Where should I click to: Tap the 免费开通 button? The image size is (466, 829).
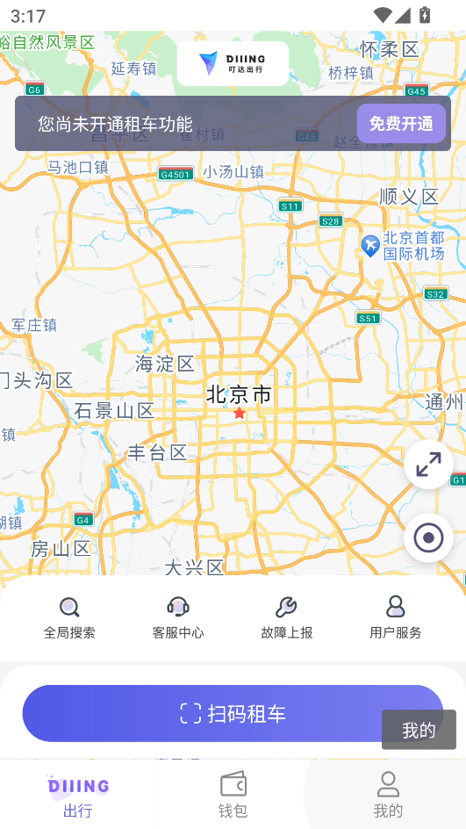coord(401,124)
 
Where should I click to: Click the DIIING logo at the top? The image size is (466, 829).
coord(233,62)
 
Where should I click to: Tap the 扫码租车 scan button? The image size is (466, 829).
coord(233,713)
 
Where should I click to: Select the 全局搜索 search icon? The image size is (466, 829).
coord(69,607)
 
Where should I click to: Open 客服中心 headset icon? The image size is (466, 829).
coord(178,607)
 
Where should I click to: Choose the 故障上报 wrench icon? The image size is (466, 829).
coord(286,607)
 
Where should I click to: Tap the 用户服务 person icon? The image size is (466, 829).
coord(395,607)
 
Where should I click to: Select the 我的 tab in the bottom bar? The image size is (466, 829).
coord(388,794)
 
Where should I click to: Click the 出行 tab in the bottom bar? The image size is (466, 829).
coord(78,794)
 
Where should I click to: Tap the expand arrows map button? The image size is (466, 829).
coord(428,465)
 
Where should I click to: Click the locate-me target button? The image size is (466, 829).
coord(428,537)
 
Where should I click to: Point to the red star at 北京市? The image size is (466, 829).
coord(239,413)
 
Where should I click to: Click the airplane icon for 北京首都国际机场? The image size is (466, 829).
coord(370,245)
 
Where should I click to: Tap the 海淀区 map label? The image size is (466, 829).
coord(165,364)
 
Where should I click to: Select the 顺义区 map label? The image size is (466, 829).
coord(409,196)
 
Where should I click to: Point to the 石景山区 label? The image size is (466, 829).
coord(114,410)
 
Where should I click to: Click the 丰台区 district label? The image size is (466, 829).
coord(158,452)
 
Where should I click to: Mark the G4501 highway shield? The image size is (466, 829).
coord(175,174)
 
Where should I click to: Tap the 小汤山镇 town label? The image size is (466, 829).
coord(233,172)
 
